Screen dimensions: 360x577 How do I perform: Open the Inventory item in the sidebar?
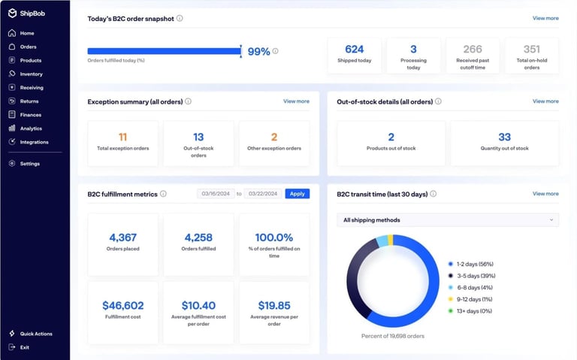click(x=31, y=74)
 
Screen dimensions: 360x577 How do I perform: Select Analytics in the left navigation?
click(x=31, y=129)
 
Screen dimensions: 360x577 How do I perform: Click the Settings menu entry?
click(x=30, y=163)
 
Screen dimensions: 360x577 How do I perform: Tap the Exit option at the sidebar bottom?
click(x=25, y=347)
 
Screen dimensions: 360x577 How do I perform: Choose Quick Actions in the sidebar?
click(x=35, y=334)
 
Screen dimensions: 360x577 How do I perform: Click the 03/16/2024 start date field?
click(x=216, y=194)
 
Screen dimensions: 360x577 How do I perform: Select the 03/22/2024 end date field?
click(x=263, y=194)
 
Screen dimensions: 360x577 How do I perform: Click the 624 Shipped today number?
click(x=354, y=50)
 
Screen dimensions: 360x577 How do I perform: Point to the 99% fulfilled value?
click(x=258, y=51)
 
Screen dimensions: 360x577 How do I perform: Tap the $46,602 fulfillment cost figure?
click(x=123, y=305)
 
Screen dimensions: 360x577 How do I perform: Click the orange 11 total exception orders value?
click(x=123, y=137)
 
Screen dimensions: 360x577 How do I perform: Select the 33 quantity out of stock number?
click(x=504, y=137)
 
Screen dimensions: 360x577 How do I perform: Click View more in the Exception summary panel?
click(x=296, y=101)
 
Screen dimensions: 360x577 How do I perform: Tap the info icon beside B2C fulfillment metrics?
click(x=163, y=194)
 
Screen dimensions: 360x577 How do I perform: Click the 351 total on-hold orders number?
click(x=531, y=50)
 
